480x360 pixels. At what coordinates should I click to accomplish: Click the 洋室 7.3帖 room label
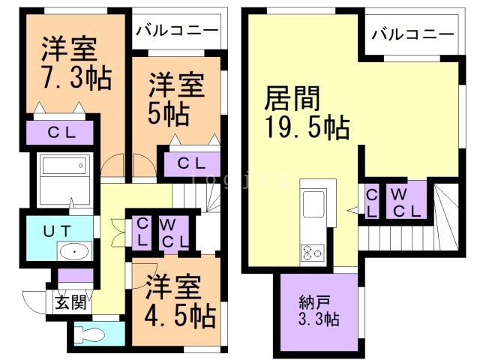(68, 64)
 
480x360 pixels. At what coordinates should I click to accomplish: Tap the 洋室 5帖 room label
(175, 98)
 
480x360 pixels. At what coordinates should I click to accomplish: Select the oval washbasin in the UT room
(73, 252)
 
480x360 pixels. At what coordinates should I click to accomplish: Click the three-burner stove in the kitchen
(311, 253)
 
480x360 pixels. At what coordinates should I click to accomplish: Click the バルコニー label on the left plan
(178, 32)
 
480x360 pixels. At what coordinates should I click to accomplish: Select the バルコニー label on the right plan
(412, 34)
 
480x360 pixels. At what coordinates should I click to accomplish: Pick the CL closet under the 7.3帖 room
(61, 133)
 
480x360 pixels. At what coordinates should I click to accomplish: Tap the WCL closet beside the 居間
(406, 200)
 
